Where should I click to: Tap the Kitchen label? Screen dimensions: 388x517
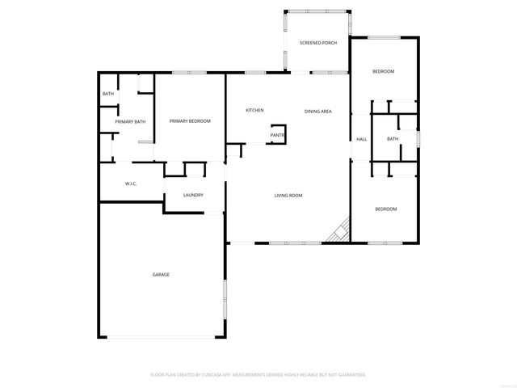254,110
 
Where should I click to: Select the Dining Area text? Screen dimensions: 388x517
318,111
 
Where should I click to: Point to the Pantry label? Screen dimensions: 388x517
278,135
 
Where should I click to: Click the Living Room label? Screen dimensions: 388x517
288,195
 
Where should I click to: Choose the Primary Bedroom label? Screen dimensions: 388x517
190,121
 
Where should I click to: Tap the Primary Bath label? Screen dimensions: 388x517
130,122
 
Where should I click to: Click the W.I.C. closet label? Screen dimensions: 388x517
130,183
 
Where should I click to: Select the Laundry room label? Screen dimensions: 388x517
192,195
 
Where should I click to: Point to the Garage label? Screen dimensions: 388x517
161,275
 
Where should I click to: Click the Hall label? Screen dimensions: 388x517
362,139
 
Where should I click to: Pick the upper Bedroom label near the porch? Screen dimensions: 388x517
383,72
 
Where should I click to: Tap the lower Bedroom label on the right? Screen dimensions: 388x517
385,209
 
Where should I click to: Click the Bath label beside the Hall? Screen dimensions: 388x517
393,139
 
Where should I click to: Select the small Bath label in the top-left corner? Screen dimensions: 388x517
108,95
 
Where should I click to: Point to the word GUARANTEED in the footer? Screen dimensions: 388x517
350,375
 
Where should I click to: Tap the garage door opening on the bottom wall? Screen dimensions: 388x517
162,337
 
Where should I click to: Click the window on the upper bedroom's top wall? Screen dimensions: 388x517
385,37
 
